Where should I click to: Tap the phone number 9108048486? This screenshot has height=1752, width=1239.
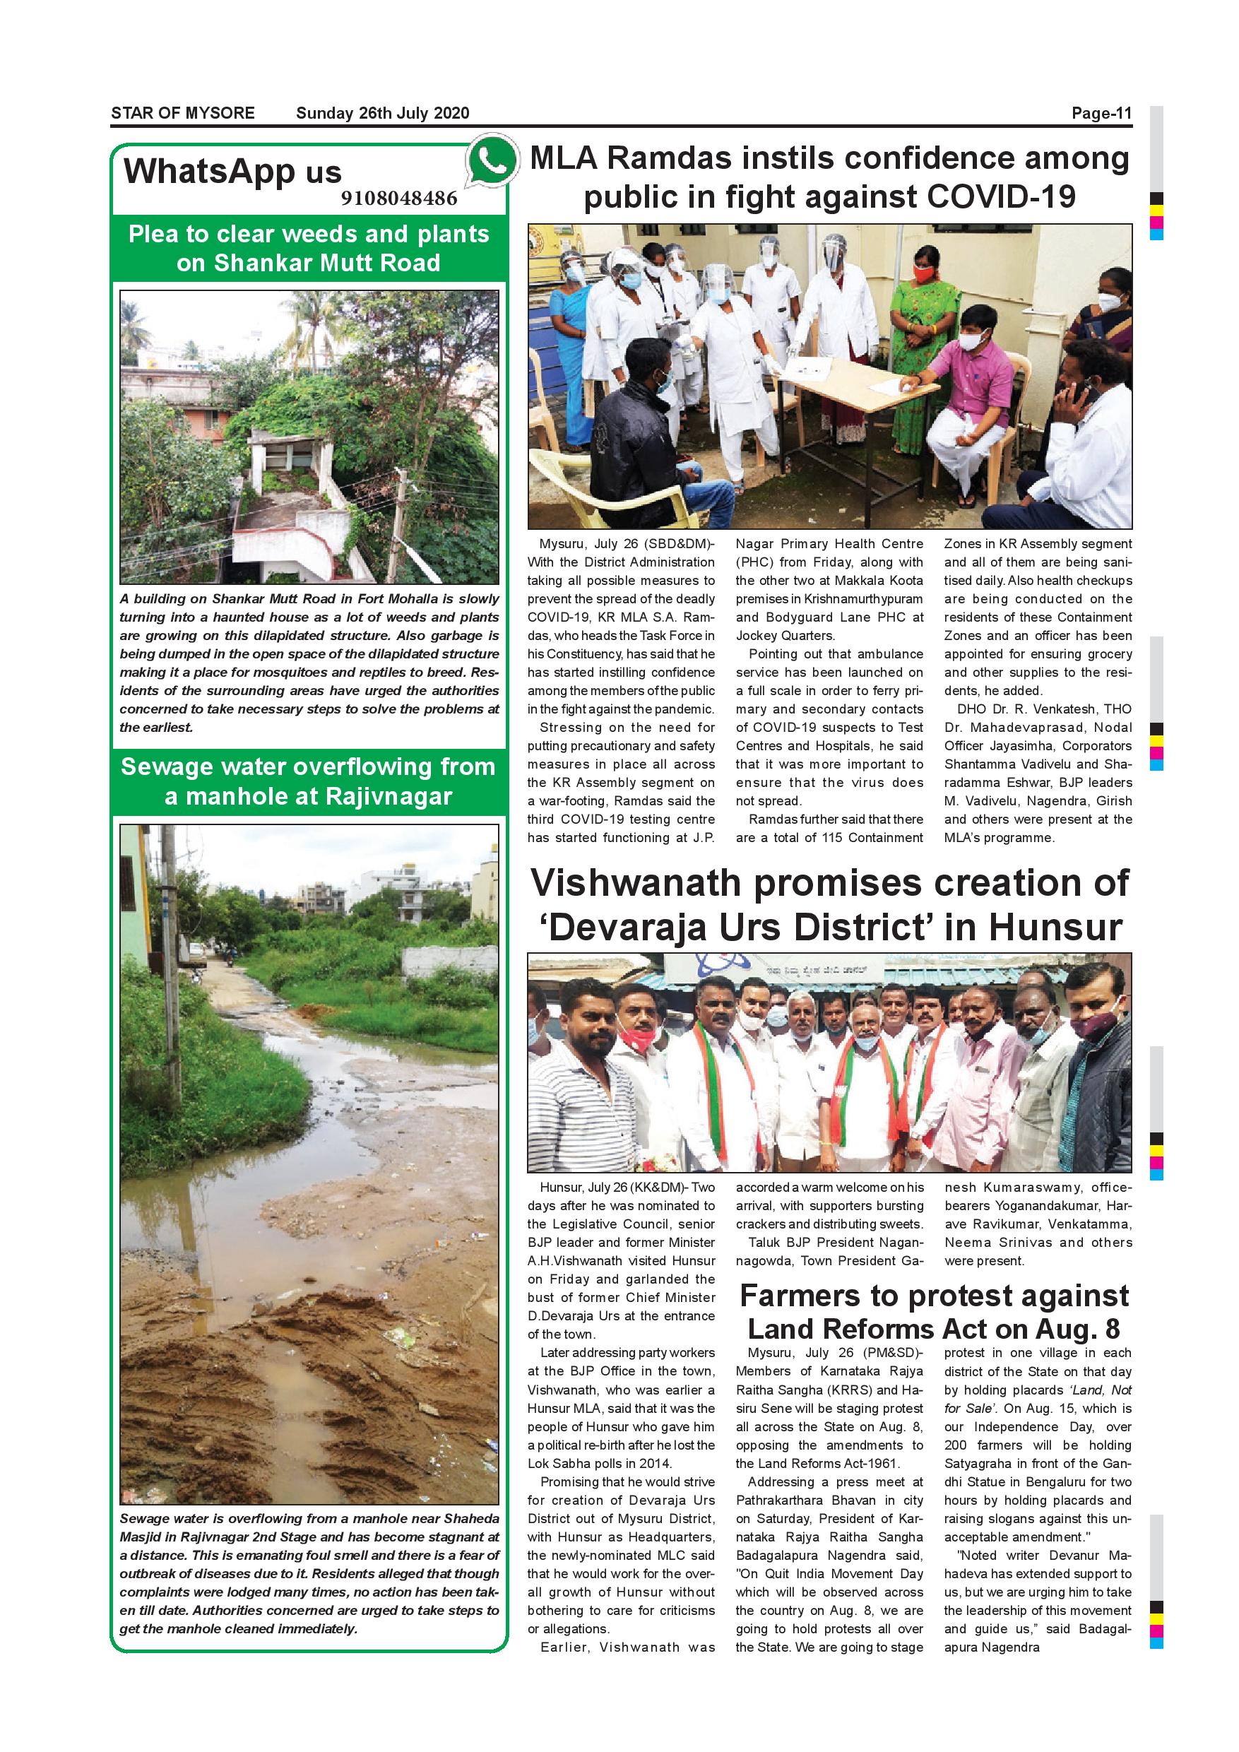[399, 199]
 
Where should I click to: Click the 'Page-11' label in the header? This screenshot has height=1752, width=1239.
[1101, 114]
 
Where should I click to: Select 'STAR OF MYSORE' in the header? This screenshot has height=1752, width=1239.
[183, 114]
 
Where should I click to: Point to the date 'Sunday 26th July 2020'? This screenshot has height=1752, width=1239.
[382, 114]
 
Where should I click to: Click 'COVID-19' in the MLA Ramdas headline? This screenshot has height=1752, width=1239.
[1001, 198]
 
